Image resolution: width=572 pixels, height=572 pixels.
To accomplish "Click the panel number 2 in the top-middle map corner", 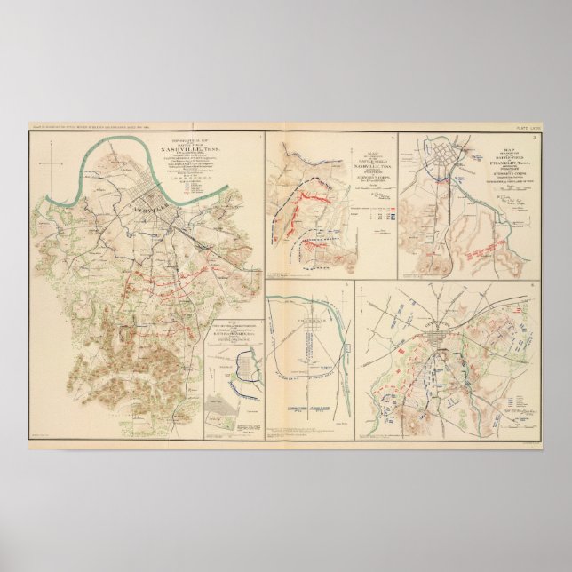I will (392, 138).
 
